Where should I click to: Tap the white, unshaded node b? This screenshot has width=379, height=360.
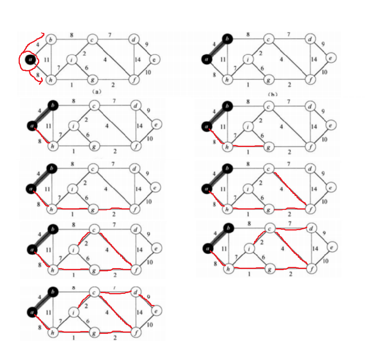tap(51, 40)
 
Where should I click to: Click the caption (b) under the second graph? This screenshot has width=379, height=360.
tap(272, 94)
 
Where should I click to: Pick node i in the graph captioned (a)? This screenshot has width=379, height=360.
tap(72, 60)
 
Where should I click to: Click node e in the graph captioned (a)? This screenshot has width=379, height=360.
tap(155, 60)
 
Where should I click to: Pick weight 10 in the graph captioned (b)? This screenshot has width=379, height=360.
tap(324, 72)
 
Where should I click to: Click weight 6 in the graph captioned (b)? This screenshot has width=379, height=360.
tap(262, 68)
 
